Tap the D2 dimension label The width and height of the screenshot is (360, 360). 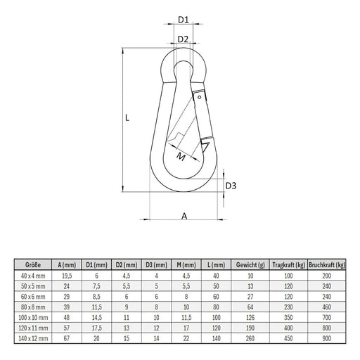183,39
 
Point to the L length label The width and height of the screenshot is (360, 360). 127,119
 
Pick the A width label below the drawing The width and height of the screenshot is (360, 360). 184,217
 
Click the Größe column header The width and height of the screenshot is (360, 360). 33,265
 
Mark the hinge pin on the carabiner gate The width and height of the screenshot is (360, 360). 200,97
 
